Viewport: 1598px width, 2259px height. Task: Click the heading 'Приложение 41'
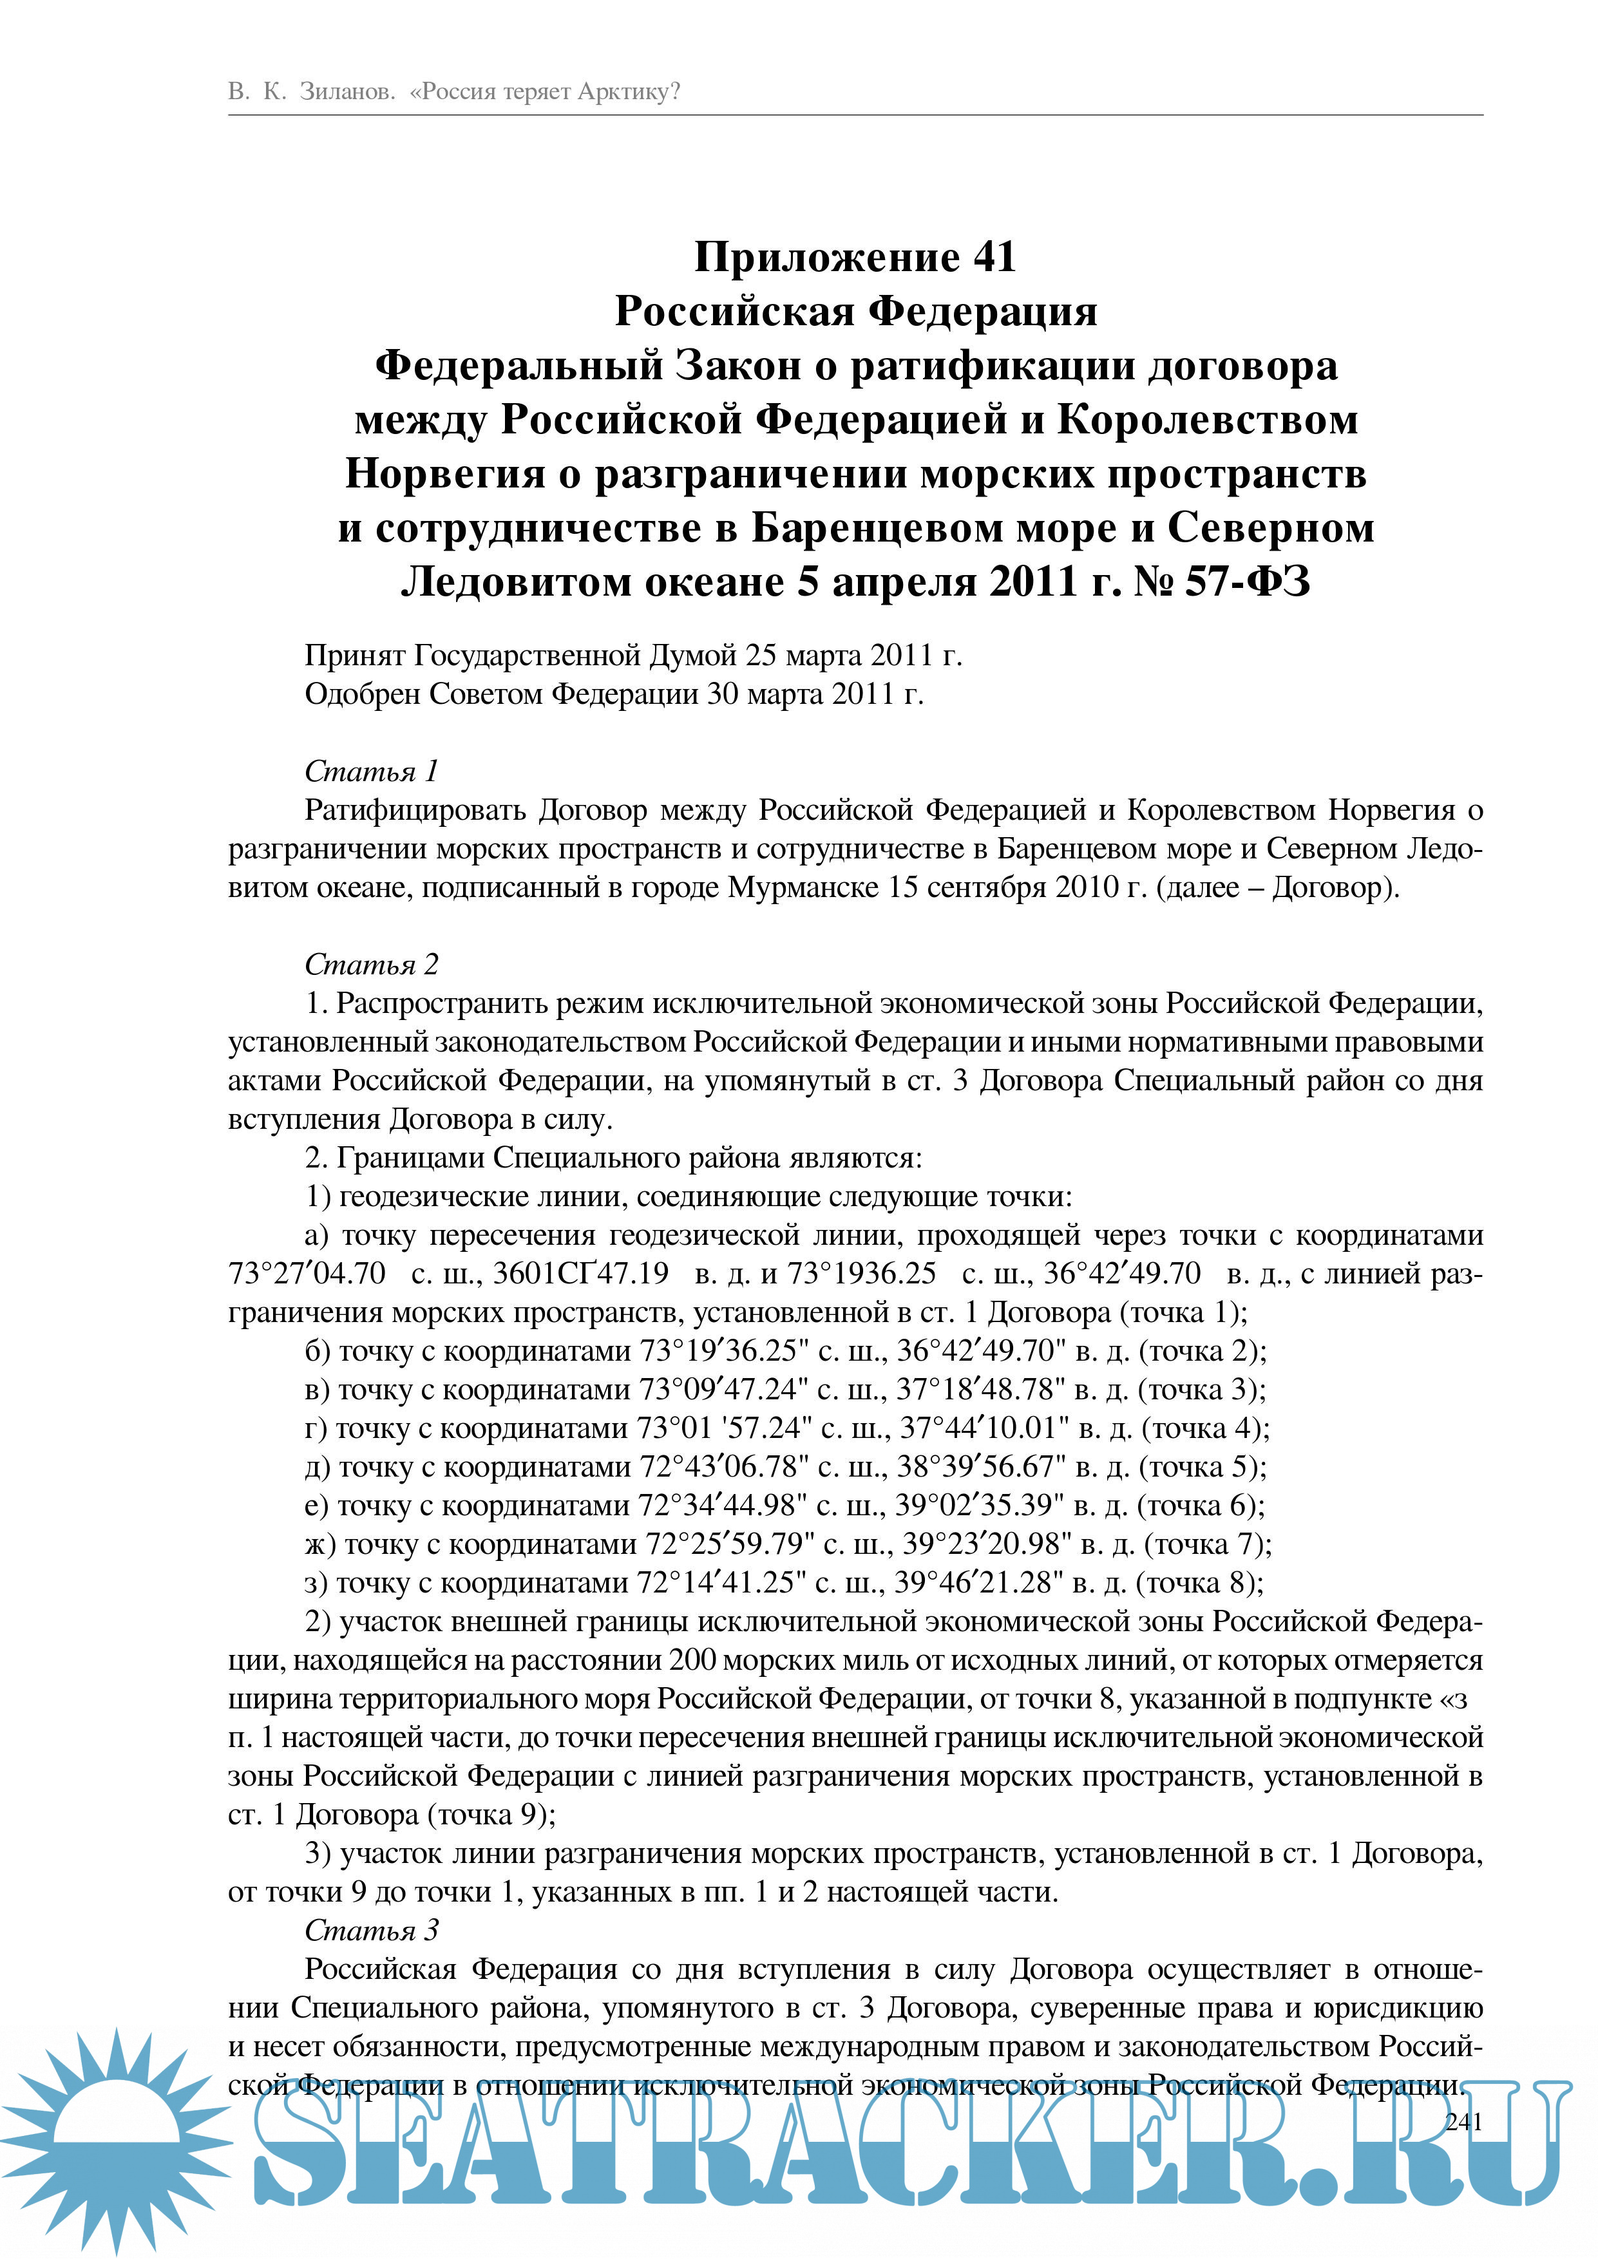(x=854, y=258)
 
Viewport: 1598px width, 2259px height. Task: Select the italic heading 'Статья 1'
(x=371, y=771)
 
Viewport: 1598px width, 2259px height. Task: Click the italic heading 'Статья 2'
(x=371, y=964)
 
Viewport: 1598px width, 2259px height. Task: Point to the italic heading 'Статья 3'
(x=371, y=1931)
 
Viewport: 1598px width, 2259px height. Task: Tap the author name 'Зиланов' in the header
(x=347, y=93)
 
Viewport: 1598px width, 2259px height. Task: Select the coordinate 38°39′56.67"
(x=981, y=1467)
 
